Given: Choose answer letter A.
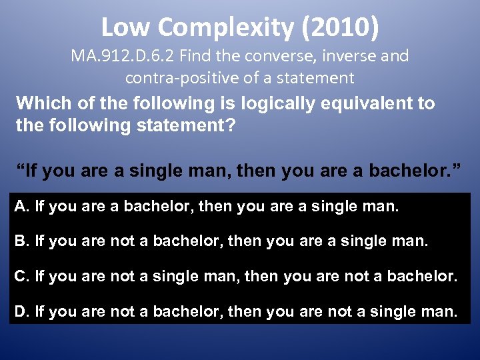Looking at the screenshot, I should [21, 207].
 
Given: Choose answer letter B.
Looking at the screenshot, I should [21, 241].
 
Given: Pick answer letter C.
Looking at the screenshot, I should [21, 275].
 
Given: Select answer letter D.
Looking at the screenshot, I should [21, 310].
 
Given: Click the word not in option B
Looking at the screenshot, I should [122, 241].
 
